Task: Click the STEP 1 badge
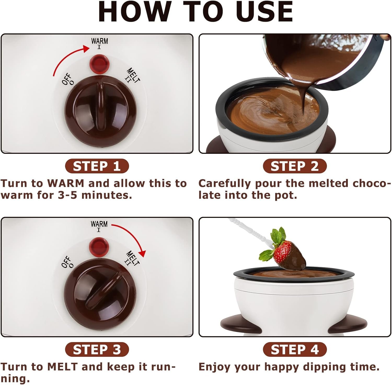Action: point(97,166)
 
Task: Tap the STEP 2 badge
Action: point(295,166)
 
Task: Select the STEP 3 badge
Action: point(97,349)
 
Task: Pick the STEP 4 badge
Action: point(295,349)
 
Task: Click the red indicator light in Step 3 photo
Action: point(99,246)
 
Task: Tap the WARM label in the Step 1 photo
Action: point(99,41)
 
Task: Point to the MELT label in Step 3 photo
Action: point(133,258)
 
